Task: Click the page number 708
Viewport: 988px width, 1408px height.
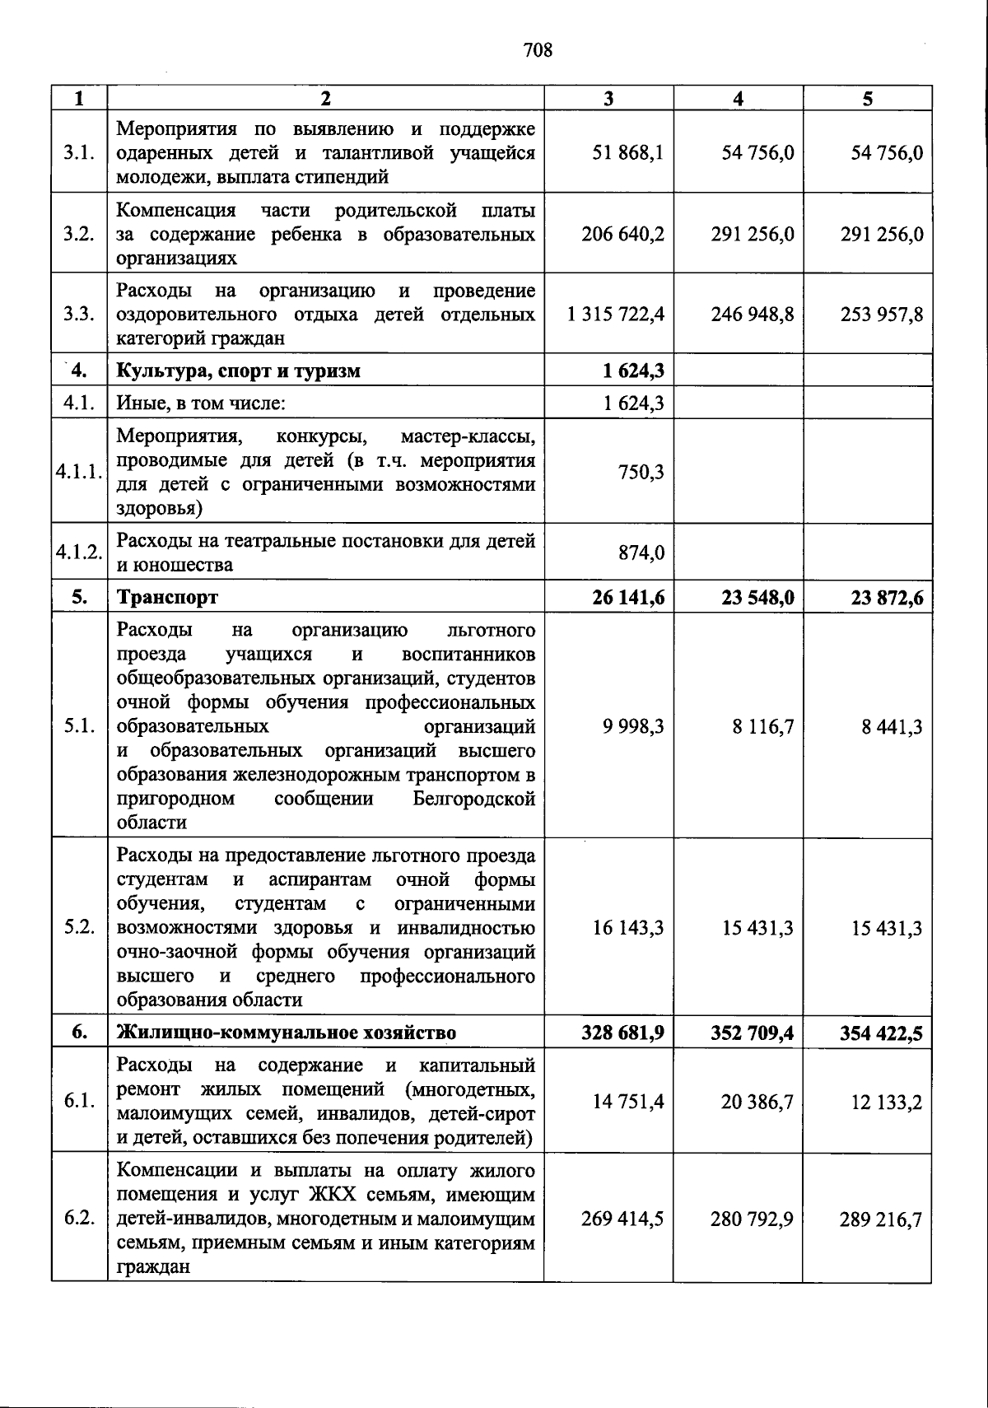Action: (538, 51)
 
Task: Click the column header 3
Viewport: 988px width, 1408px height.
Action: (608, 99)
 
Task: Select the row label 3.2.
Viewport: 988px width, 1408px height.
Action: (79, 234)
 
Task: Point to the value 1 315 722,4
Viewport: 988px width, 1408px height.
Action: (615, 315)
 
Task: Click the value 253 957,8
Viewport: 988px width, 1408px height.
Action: (881, 315)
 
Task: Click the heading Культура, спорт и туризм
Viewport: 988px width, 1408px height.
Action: (239, 371)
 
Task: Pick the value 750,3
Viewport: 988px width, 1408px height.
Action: (641, 472)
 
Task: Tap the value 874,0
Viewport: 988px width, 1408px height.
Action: (641, 553)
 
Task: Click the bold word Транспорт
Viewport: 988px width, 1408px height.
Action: (168, 597)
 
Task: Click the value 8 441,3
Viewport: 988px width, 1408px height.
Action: (892, 727)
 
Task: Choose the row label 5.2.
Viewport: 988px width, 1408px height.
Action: (79, 928)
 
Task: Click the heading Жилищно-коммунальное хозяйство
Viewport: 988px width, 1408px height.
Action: (287, 1033)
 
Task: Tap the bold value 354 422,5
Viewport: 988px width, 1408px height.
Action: (881, 1033)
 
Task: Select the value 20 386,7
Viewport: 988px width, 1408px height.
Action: (757, 1102)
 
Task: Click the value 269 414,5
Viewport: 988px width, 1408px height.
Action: (622, 1219)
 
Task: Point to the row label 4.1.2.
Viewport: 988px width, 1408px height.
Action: (79, 552)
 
